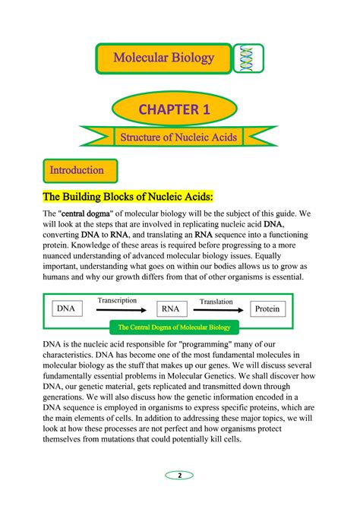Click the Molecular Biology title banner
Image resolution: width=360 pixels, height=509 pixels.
click(x=163, y=58)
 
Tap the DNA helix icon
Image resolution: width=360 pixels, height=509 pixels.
click(x=247, y=58)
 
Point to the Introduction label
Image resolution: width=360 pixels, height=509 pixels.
click(x=76, y=169)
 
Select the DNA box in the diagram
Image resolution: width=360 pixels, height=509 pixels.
click(x=67, y=309)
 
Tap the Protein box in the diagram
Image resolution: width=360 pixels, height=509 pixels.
click(x=267, y=309)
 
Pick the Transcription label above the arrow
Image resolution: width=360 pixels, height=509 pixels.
click(x=116, y=301)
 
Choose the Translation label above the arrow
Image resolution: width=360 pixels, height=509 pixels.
click(x=216, y=302)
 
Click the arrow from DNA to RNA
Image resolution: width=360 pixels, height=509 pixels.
click(x=118, y=310)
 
